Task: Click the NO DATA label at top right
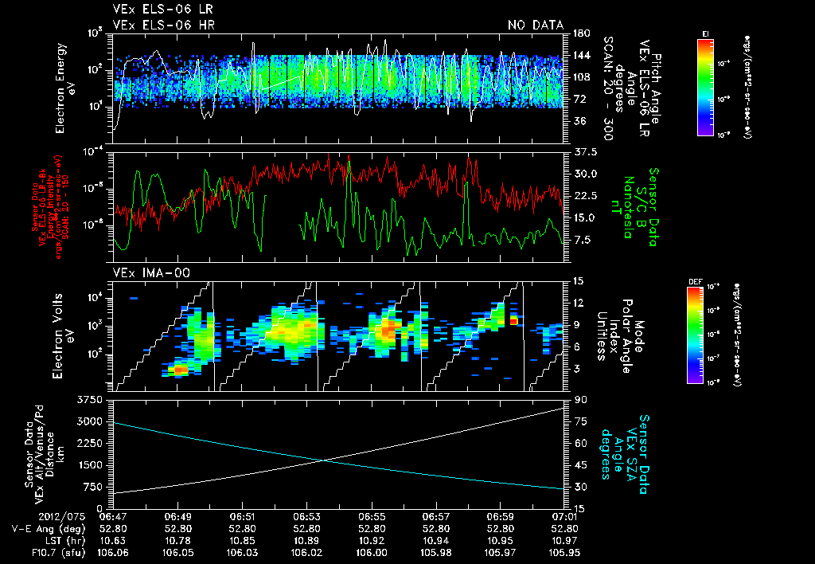point(535,25)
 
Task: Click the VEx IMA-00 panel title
point(150,273)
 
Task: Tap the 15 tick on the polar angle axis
point(578,280)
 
